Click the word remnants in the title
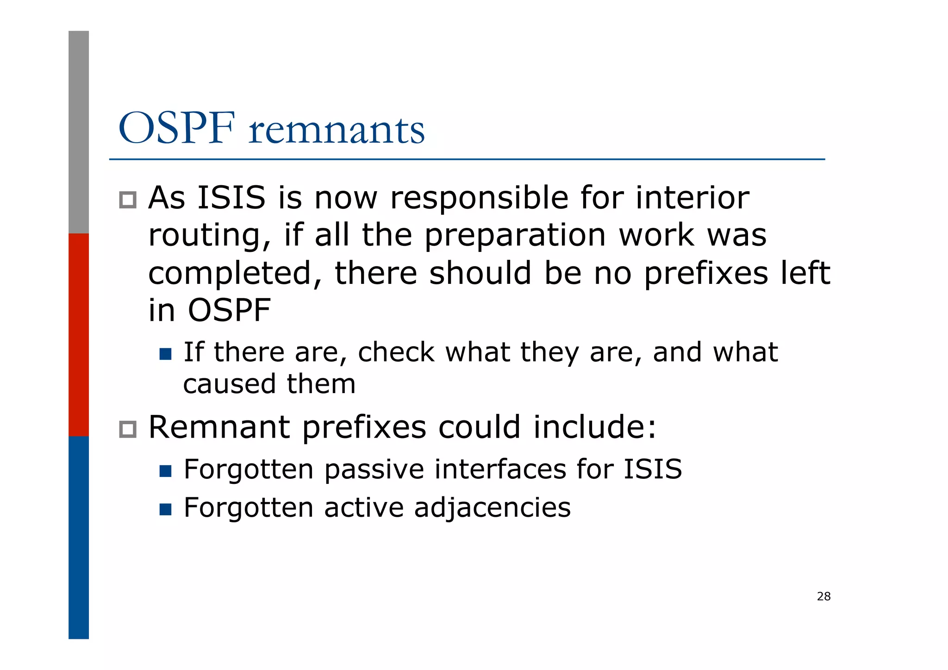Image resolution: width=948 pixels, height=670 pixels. coord(337,130)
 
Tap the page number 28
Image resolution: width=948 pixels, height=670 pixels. coord(823,596)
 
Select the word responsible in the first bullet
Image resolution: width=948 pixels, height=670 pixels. coord(479,198)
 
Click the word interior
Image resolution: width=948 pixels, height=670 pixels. coord(692,198)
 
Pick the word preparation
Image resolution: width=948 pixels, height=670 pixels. coord(515,236)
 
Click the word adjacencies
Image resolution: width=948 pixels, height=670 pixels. coord(493,507)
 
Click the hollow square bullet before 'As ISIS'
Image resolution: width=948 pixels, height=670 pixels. coord(128,200)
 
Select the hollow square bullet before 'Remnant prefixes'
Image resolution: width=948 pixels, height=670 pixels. coord(128,429)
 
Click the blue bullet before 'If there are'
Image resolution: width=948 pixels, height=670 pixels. coord(165,354)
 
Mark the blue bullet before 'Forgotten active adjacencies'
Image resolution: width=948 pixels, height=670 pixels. coord(165,510)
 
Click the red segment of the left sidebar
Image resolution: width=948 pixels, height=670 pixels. coord(79,334)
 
